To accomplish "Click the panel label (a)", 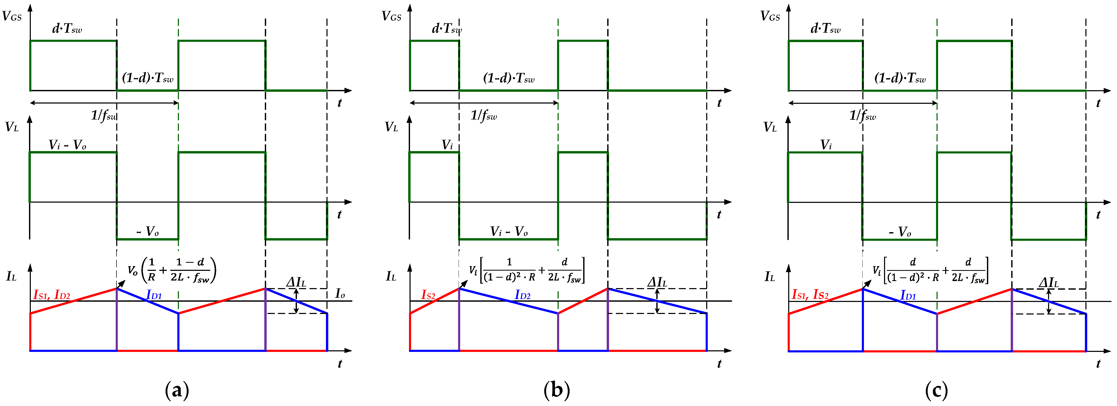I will (x=177, y=390).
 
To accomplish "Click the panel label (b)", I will (x=556, y=390).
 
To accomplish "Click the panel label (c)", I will (x=936, y=390).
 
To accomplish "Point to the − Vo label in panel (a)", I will (x=148, y=231).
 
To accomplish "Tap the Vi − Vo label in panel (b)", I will (x=509, y=231).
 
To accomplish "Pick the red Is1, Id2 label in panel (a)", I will (x=52, y=295).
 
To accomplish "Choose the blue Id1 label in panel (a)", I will (x=154, y=295).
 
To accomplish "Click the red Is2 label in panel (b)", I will (x=428, y=295).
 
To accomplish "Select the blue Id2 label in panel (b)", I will (x=523, y=295).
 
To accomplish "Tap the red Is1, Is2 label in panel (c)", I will (x=810, y=295).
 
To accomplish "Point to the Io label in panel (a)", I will (x=340, y=294).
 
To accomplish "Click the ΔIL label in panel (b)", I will (x=657, y=282).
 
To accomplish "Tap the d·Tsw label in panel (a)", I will (x=67, y=29).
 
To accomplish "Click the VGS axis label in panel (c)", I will (x=770, y=16).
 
